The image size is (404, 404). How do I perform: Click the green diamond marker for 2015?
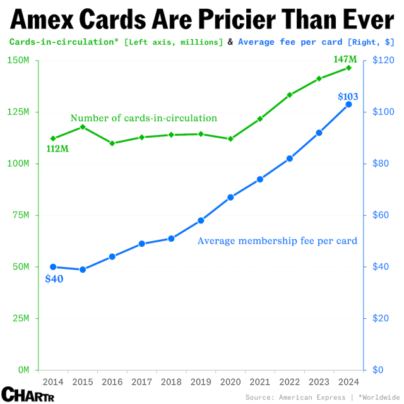(x=83, y=127)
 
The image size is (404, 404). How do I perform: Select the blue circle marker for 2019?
(x=201, y=220)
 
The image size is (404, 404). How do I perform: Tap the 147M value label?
(x=345, y=60)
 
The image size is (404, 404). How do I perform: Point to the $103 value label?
(x=348, y=97)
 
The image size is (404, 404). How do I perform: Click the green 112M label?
(x=56, y=149)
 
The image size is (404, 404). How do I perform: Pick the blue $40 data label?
(x=54, y=279)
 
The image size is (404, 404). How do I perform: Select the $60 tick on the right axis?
(x=383, y=215)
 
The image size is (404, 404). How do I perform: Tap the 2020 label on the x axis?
(x=230, y=383)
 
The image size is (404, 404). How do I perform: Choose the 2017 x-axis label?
(x=141, y=383)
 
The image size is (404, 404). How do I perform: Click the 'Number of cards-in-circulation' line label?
(x=144, y=118)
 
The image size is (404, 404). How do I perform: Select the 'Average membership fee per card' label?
(x=278, y=241)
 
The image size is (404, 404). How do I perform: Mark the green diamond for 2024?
(x=348, y=68)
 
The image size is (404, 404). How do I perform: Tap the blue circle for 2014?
(x=53, y=267)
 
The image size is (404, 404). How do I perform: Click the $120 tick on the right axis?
(x=384, y=61)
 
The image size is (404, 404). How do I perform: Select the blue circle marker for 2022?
(x=290, y=158)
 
